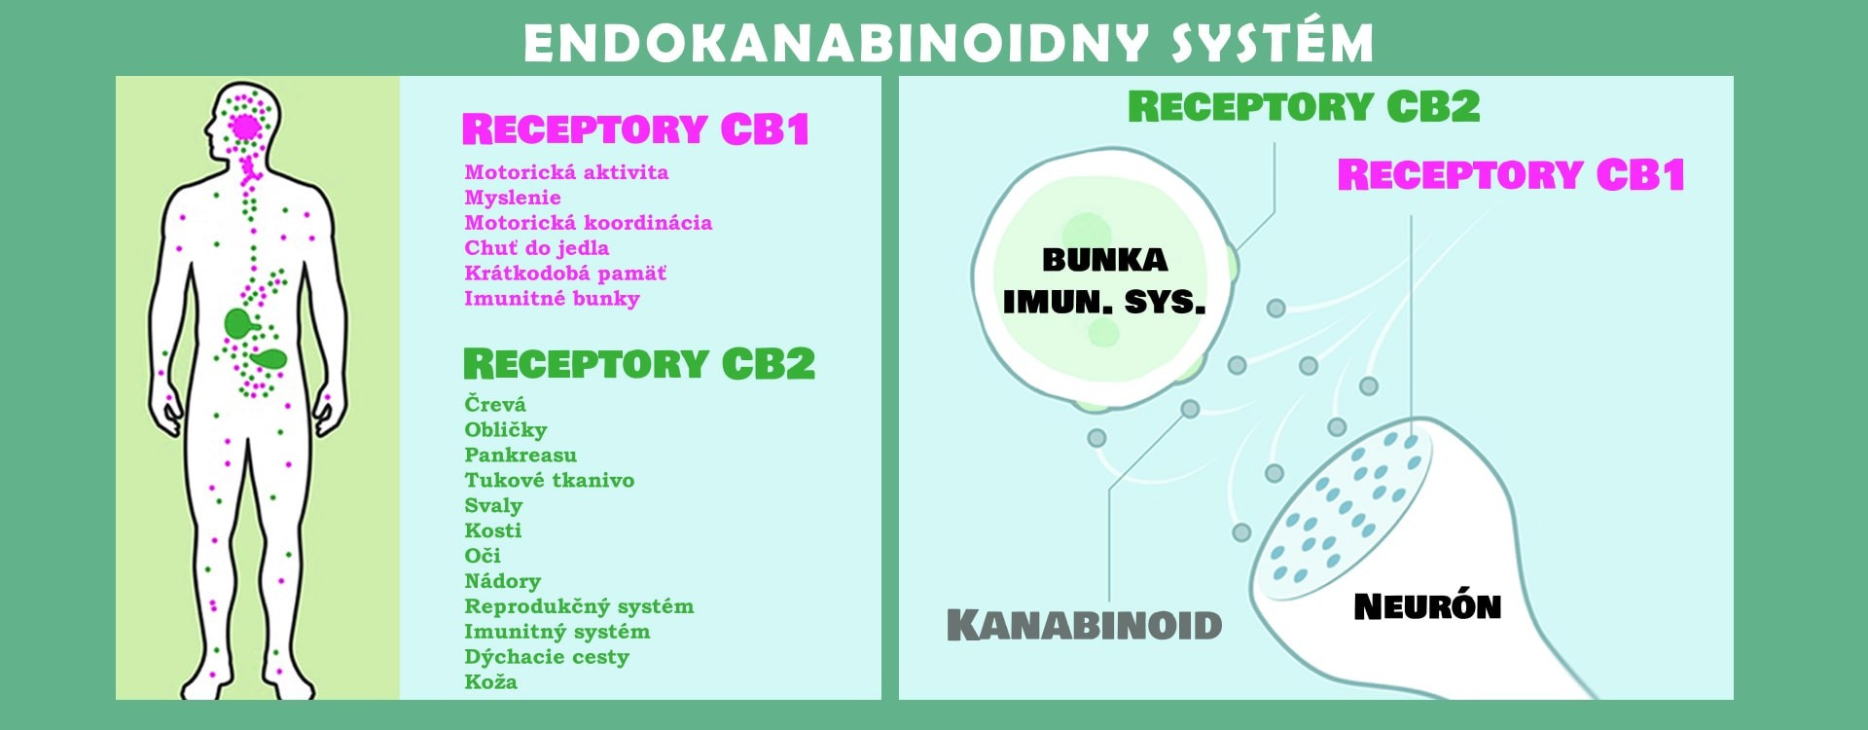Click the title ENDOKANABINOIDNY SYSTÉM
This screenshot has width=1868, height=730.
coord(949,43)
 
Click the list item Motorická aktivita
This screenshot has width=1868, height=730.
coord(566,172)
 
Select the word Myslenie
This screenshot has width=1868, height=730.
coord(513,198)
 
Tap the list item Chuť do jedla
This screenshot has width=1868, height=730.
coord(537,248)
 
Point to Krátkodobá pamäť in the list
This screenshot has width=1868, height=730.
coord(565,274)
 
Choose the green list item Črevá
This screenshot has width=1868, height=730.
coord(495,403)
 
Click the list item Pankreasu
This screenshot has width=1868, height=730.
coord(521,455)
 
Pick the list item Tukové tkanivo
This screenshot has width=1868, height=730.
coord(550,480)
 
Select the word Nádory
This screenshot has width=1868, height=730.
coord(502,581)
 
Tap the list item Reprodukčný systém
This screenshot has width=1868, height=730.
coord(579,606)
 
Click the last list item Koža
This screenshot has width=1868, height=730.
coord(490,681)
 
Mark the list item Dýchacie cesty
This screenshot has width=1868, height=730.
coord(547,657)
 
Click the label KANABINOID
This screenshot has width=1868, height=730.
coord(1084,625)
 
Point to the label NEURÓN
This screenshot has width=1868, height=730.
coord(1427,607)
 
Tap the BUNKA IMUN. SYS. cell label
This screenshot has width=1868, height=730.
coord(1104,281)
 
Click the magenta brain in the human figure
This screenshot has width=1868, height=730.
coord(245,127)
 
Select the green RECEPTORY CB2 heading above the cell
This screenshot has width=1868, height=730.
coord(1304,106)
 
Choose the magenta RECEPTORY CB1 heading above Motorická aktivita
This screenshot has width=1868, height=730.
coord(635,129)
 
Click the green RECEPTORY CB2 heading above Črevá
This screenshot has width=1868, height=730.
coord(639,364)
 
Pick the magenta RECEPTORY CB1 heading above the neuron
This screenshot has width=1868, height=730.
coord(1511,175)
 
